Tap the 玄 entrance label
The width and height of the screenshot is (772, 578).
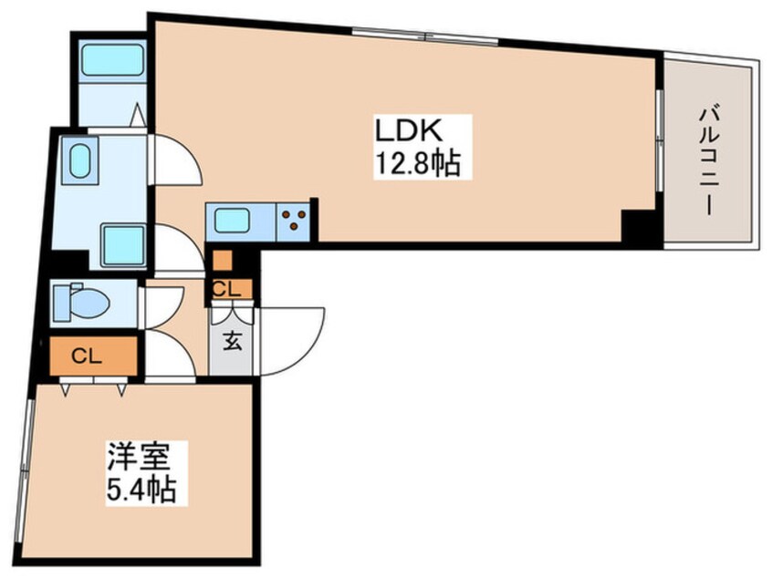coord(232,343)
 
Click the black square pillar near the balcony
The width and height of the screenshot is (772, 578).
coord(638,225)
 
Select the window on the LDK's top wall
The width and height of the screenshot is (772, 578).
coord(424,36)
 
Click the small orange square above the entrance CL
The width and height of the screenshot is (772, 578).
coord(222,260)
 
